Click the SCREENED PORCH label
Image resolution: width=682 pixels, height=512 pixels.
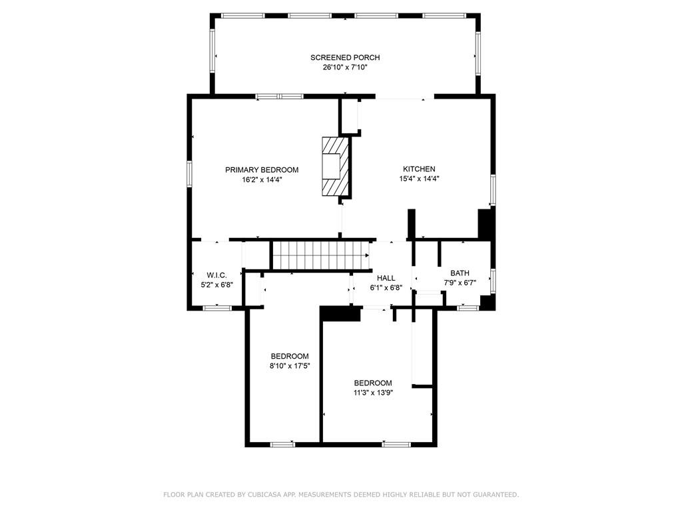[345, 57]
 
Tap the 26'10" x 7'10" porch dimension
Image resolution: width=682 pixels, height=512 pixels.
[345, 67]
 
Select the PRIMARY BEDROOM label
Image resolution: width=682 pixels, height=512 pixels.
[262, 170]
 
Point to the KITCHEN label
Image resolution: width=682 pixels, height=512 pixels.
[419, 169]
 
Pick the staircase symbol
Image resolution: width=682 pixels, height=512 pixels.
[319, 255]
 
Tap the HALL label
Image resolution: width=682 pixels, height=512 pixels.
[386, 278]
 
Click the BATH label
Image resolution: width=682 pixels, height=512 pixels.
[460, 273]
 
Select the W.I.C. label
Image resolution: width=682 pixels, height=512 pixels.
[217, 275]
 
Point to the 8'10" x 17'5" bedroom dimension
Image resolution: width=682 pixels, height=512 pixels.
[290, 365]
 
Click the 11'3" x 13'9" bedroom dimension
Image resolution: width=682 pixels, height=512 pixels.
[372, 393]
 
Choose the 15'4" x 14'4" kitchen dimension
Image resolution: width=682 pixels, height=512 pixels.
[419, 179]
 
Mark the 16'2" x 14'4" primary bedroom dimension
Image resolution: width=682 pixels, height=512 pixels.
[262, 179]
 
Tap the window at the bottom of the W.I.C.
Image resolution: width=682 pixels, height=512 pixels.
[217, 307]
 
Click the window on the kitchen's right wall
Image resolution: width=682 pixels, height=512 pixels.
[494, 190]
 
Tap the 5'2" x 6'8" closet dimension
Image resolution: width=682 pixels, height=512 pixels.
[217, 284]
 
